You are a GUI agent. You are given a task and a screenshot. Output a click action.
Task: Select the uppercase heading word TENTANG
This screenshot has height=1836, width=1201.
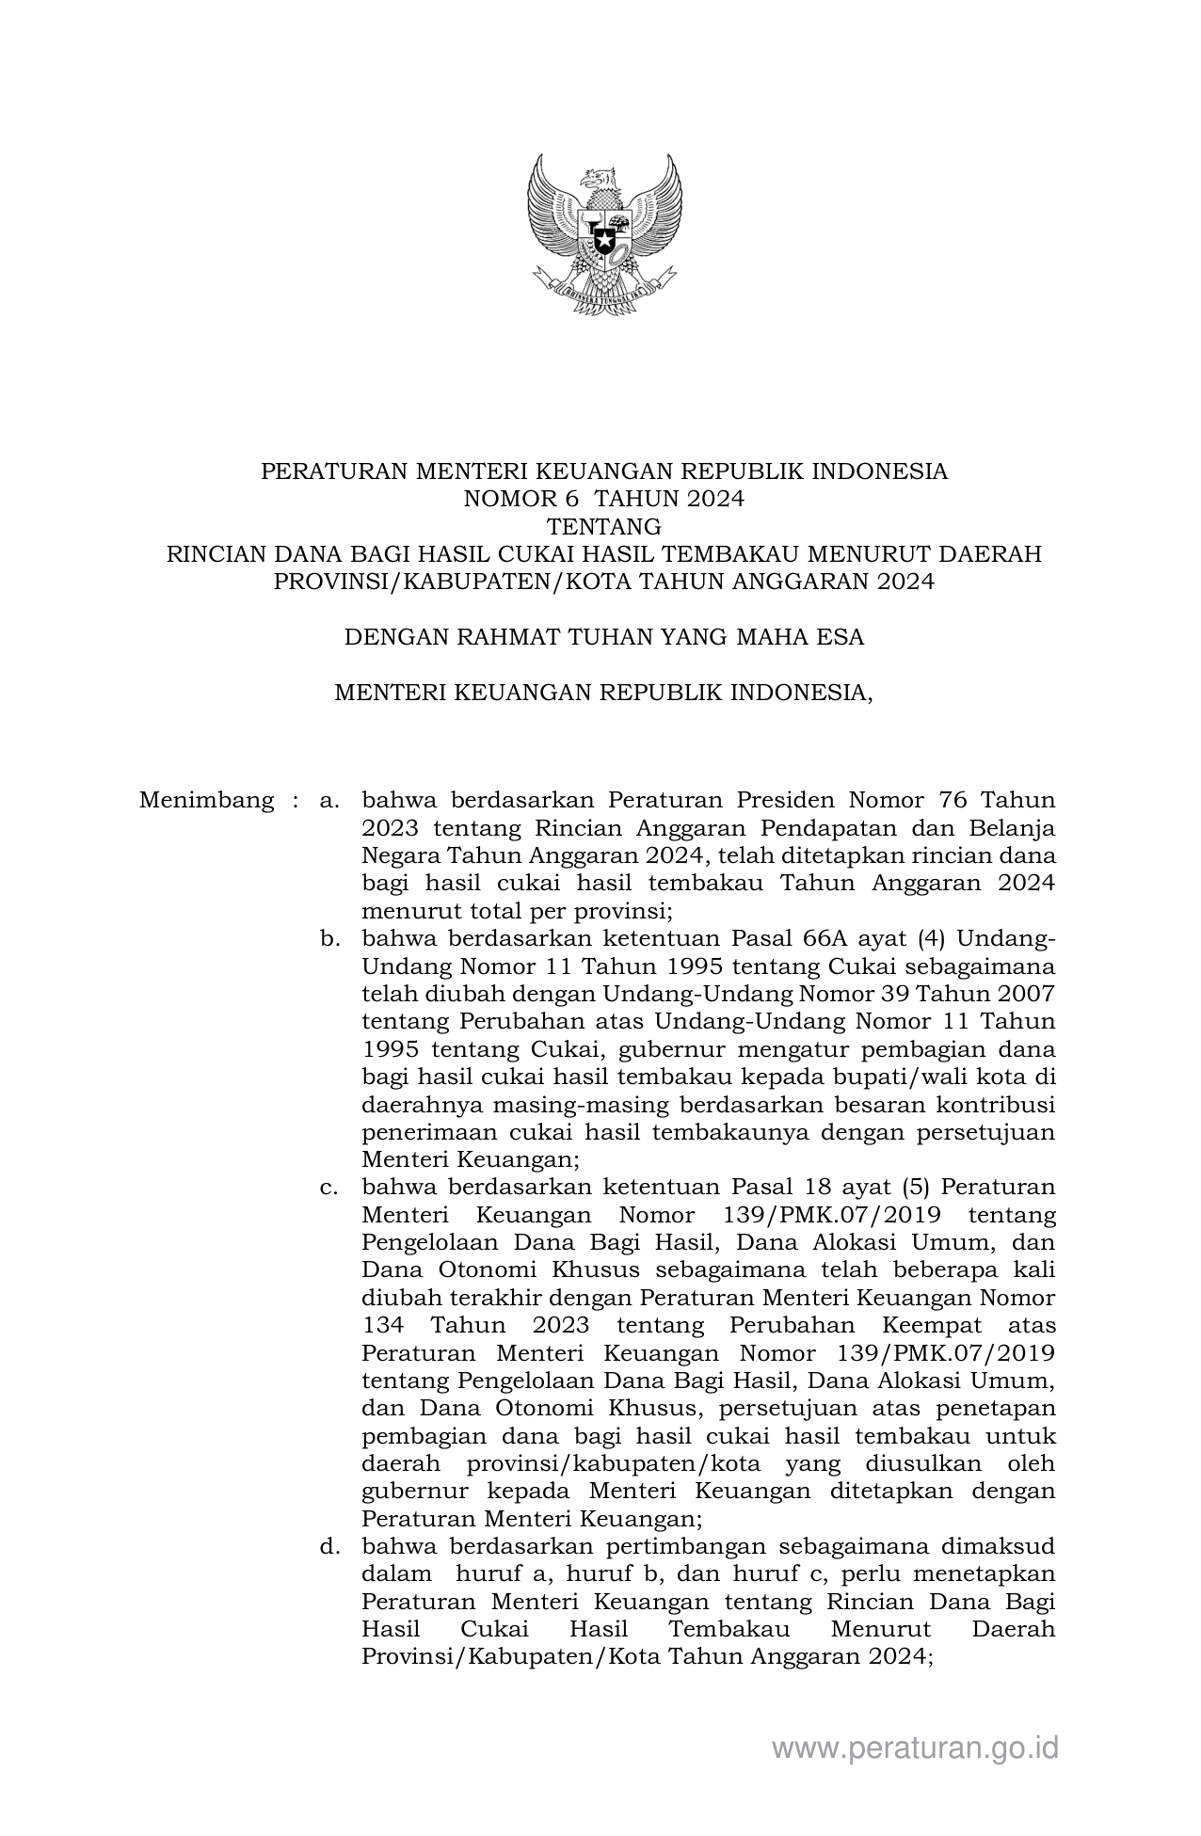pos(604,526)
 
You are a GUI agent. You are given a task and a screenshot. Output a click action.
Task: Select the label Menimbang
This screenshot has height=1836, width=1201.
pos(206,801)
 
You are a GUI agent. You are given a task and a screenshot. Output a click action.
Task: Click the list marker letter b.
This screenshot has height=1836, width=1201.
pos(328,939)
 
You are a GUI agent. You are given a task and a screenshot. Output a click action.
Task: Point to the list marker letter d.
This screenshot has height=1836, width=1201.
pos(328,1546)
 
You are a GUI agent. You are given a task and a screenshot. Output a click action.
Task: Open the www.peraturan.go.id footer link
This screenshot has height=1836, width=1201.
pos(915,1748)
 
